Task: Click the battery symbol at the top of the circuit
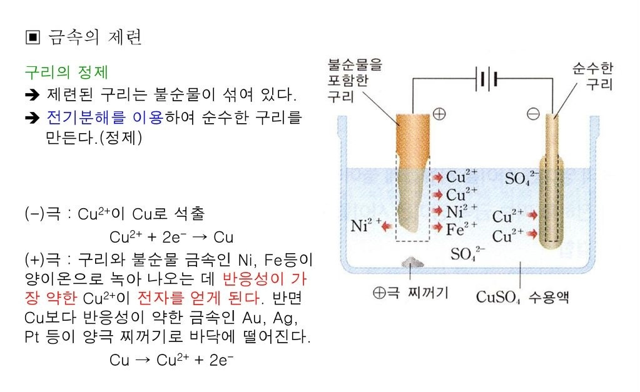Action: (489, 79)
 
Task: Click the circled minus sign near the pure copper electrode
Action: (533, 114)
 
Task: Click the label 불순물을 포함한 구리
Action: (355, 79)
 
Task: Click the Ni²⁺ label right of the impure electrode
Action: (462, 211)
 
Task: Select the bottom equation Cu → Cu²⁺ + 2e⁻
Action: (171, 360)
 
